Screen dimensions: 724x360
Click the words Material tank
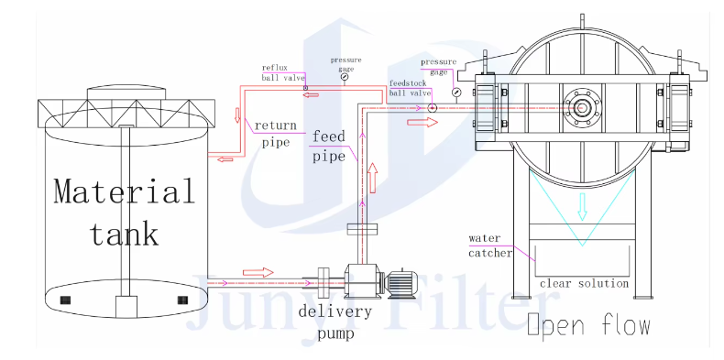click(x=125, y=212)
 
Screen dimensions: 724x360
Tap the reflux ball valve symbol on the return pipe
click(x=305, y=87)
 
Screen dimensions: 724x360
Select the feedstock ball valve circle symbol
click(x=432, y=108)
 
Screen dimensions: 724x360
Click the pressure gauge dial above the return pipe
click(x=345, y=78)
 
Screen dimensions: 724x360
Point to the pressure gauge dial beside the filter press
click(x=456, y=92)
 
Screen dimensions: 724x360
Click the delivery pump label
click(x=335, y=322)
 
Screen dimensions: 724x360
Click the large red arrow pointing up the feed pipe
click(x=372, y=178)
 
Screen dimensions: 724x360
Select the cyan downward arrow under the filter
click(x=582, y=206)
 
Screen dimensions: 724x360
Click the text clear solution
click(x=584, y=283)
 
